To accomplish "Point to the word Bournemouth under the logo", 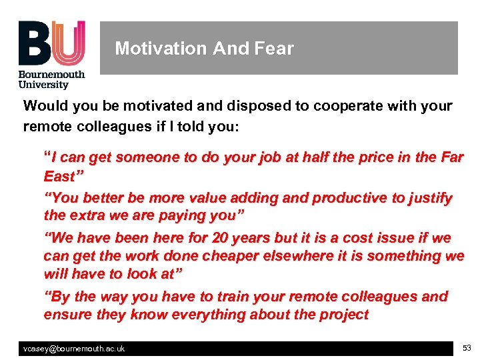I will (x=52, y=75).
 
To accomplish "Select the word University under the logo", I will (x=44, y=85).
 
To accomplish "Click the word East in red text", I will (x=59, y=176).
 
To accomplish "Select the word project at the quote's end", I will (x=342, y=314).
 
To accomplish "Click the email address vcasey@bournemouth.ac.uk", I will (x=74, y=349).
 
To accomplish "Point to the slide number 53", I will (x=465, y=348).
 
